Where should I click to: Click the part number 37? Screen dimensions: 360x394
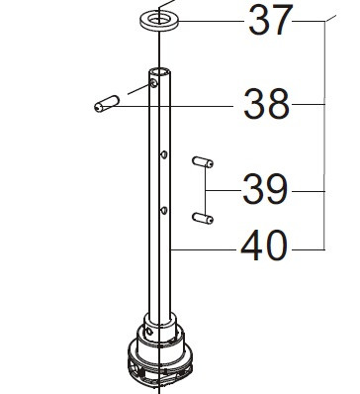tap(270, 21)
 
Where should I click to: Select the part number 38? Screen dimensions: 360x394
tap(267, 104)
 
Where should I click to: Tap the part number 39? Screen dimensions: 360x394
tap(265, 189)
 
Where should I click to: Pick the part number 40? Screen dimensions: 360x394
tap(264, 246)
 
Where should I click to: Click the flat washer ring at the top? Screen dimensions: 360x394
tap(159, 22)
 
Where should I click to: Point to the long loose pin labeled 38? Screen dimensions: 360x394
tap(106, 104)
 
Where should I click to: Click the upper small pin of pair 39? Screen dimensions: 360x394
tap(203, 162)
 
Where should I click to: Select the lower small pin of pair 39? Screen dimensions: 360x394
tap(203, 218)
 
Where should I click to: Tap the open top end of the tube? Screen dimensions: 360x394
tap(159, 71)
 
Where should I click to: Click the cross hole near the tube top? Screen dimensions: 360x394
tap(153, 83)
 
